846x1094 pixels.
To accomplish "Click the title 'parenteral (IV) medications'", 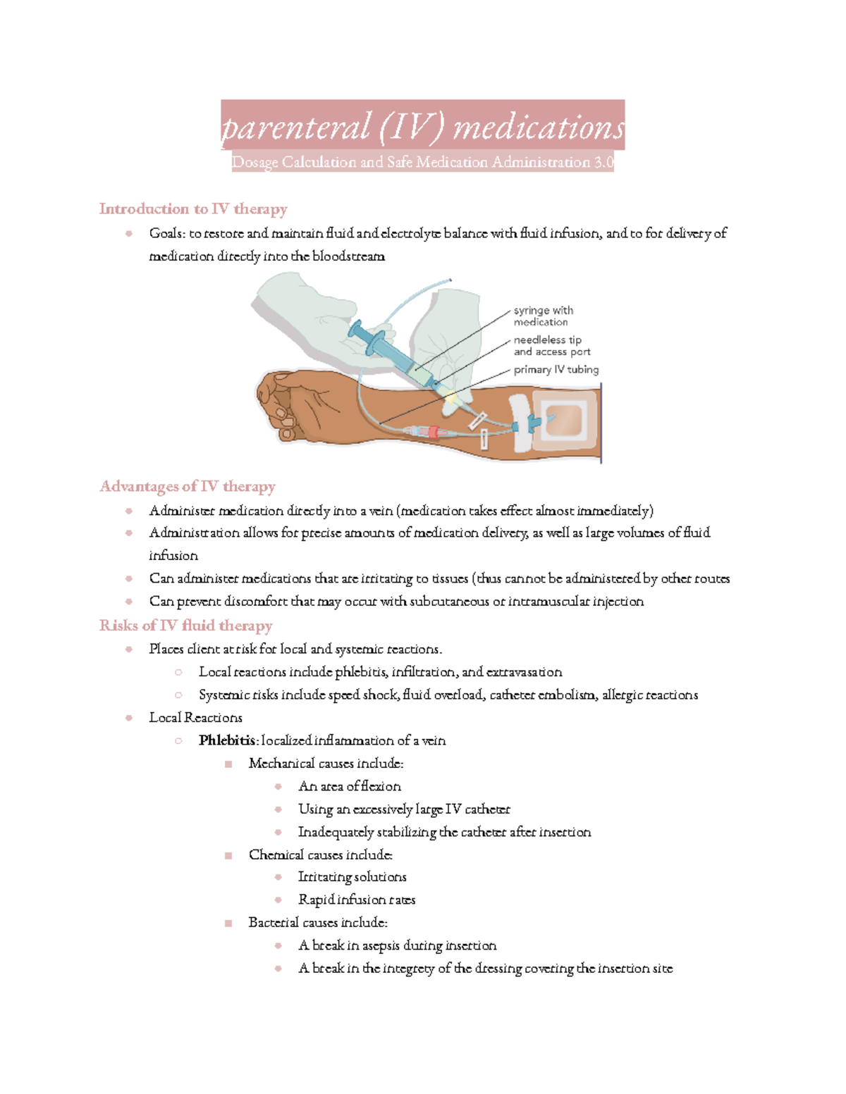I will click(x=423, y=128).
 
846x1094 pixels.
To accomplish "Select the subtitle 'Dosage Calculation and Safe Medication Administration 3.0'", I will click(x=423, y=162).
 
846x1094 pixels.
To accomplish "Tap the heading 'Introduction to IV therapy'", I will click(x=193, y=209).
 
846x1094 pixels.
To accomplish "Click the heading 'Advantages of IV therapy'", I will click(x=188, y=486).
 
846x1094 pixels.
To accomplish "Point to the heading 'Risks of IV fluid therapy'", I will click(x=185, y=626).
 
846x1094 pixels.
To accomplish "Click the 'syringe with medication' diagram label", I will click(x=543, y=316).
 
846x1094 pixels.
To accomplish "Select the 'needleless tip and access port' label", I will click(x=551, y=346).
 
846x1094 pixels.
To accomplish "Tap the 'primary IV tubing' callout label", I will click(x=556, y=370).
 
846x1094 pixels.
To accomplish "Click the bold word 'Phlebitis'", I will click(x=227, y=740).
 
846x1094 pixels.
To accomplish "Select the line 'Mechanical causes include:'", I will click(x=326, y=764).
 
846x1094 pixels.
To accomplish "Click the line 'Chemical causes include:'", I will click(x=320, y=854).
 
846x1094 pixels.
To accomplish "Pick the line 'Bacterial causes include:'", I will click(x=318, y=923).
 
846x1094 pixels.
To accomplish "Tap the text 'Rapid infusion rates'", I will click(x=357, y=900).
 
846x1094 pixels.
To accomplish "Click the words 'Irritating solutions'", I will click(x=352, y=877).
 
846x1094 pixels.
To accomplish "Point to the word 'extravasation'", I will click(x=524, y=672).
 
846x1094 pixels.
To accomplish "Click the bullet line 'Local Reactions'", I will click(x=195, y=718).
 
